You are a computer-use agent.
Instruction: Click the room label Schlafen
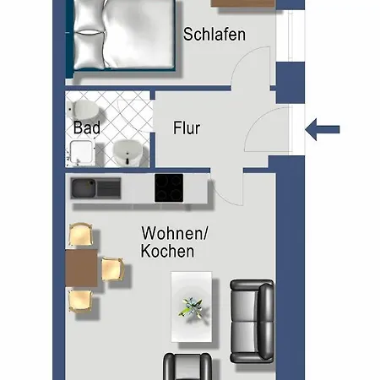pos(214,35)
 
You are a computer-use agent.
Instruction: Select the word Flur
pos(187,128)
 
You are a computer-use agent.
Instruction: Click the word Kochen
pos(167,251)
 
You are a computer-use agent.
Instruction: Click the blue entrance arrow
pos(322,129)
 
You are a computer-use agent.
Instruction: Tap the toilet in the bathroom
pos(84,110)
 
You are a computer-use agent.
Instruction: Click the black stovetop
pos(169,187)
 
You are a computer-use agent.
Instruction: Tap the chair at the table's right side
pos(112,270)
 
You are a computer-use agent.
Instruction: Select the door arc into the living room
pos(226,191)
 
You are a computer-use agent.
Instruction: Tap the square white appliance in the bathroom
pos(80,152)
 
